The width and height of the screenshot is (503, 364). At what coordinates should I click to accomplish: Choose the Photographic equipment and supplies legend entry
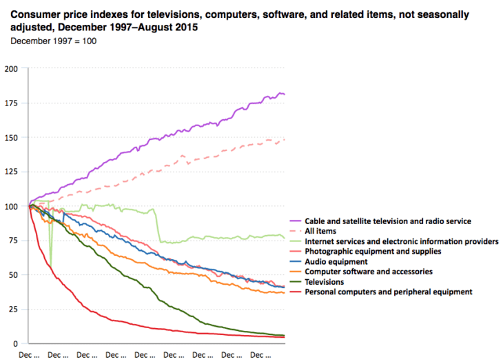point(372,252)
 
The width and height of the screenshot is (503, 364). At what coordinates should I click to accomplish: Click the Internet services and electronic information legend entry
point(402,241)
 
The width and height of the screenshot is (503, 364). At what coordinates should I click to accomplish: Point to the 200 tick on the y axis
point(12,69)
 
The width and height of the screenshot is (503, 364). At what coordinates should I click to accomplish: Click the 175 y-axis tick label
point(12,103)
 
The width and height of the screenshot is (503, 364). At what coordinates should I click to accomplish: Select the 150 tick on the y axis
point(12,138)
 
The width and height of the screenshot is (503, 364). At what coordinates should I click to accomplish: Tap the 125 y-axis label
point(12,172)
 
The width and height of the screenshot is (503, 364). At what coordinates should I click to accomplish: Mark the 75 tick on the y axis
point(14,241)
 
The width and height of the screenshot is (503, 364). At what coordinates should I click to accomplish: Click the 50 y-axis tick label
point(14,275)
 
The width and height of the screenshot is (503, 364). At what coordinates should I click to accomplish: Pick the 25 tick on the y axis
point(14,310)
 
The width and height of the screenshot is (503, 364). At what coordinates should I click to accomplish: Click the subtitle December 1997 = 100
point(53,41)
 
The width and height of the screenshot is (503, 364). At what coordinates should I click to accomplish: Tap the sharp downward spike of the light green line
point(50,264)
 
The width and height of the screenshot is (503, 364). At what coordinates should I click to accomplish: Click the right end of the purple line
point(284,94)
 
